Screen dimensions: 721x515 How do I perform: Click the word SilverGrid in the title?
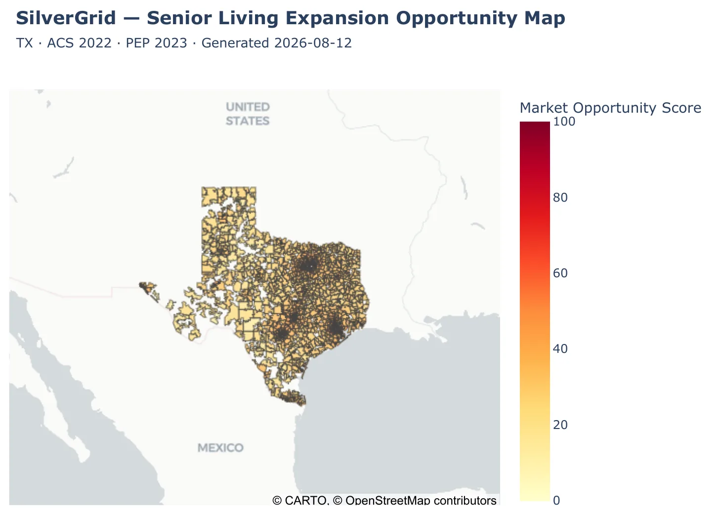(x=66, y=18)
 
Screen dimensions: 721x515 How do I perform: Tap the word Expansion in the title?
(x=337, y=18)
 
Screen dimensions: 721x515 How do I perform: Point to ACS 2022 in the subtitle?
(x=79, y=43)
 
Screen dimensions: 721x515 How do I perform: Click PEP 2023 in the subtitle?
(x=157, y=43)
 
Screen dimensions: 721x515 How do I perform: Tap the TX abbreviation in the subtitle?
(x=25, y=43)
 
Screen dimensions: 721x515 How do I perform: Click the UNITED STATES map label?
(x=248, y=114)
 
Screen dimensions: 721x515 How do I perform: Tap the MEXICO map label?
(x=220, y=448)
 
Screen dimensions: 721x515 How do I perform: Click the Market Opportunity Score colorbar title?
(x=610, y=108)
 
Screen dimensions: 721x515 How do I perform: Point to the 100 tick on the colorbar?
(x=564, y=122)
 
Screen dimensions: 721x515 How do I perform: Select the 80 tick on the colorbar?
(x=560, y=197)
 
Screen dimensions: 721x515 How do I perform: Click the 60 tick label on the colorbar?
(x=560, y=273)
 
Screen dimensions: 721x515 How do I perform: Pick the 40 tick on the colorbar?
(x=560, y=349)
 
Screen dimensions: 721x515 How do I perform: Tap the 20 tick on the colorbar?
(x=560, y=425)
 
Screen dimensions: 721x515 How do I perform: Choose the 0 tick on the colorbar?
(x=556, y=501)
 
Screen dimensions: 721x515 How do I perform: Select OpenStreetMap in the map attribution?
(x=388, y=501)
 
